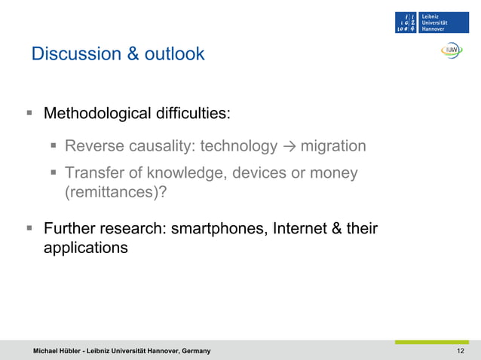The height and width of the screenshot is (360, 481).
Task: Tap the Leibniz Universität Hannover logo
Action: [x=432, y=23]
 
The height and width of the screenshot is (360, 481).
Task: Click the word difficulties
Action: [x=193, y=114]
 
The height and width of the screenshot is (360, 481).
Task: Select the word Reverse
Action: [x=93, y=146]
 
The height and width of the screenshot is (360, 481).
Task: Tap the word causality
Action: [x=160, y=146]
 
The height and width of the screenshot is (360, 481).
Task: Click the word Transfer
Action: [x=93, y=173]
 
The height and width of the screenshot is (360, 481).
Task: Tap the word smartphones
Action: [x=216, y=228]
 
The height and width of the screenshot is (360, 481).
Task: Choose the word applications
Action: [x=85, y=247]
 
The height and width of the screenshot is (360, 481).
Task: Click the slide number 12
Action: [x=461, y=352]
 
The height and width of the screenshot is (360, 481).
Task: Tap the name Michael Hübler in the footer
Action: [x=60, y=352]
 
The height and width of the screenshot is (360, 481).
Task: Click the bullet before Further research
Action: [x=29, y=227]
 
